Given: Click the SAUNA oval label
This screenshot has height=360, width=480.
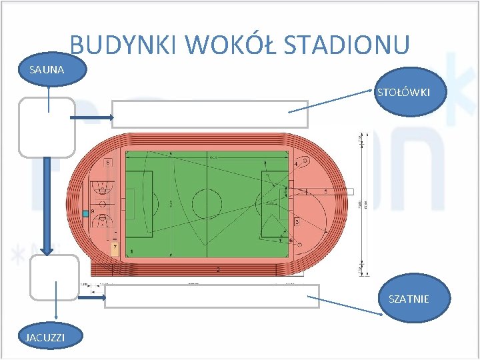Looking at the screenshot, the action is coord(47,69).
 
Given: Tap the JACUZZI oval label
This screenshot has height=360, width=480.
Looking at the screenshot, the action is coord(45,338).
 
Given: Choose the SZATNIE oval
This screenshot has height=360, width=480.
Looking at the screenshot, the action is coord(408,299).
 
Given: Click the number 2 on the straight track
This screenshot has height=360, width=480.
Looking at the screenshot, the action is coord(217,269).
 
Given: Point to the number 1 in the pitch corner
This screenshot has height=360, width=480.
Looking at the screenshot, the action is coord(131,251).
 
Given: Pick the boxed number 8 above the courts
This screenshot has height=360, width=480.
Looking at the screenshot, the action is coord(108,162).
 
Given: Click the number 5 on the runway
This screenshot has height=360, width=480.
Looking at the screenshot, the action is coord(325,191).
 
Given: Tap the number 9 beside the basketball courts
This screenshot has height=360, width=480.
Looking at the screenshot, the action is coord(93,211).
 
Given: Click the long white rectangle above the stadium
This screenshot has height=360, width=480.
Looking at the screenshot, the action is coord(209,114).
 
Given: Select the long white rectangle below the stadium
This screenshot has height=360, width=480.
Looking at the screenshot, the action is coord(212,296).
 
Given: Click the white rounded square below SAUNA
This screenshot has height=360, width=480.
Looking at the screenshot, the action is coord(47,127).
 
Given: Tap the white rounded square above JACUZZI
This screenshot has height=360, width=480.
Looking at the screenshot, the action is coord(53,277).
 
